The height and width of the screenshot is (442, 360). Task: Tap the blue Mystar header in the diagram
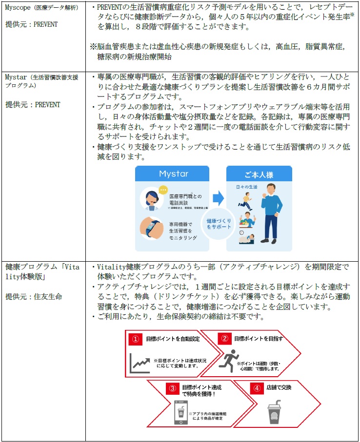(x=173, y=174)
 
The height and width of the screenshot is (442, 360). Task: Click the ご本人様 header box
(x=259, y=174)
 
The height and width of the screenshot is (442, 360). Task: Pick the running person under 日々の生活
(x=242, y=198)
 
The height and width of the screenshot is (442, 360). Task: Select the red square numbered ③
(x=172, y=388)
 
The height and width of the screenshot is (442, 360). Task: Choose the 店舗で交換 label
(x=280, y=388)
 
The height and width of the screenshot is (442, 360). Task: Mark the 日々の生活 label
(x=246, y=187)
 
